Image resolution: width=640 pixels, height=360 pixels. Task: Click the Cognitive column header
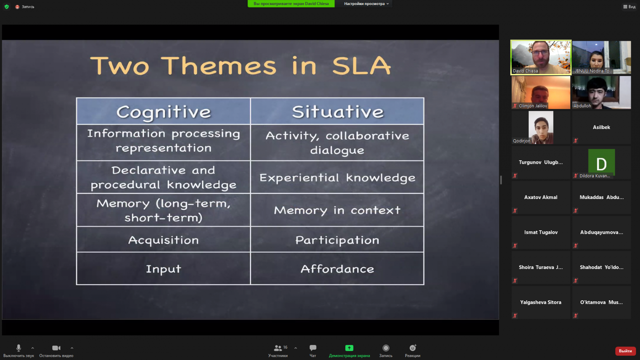(164, 111)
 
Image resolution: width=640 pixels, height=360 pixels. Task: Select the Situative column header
(337, 111)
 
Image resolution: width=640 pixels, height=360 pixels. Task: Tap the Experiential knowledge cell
(337, 177)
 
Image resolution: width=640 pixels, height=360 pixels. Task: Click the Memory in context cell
(337, 210)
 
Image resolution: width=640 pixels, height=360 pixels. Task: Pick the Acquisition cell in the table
(164, 240)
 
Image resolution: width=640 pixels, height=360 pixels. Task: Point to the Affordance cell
(337, 269)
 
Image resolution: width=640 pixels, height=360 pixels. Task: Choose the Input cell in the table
(164, 269)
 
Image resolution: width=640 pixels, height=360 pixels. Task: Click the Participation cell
(337, 240)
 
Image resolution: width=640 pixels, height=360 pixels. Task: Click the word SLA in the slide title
(361, 66)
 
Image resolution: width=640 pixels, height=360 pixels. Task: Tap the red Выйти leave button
(625, 351)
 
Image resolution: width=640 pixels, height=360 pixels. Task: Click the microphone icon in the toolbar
(19, 348)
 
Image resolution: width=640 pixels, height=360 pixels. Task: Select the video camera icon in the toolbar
(56, 348)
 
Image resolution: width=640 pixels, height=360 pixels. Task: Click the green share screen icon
(349, 348)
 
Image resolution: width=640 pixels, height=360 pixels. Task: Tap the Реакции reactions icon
(412, 348)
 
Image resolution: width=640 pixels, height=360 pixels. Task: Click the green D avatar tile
(601, 162)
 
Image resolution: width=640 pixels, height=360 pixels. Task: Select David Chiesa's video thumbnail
(541, 57)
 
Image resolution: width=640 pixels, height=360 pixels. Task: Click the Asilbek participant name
(601, 127)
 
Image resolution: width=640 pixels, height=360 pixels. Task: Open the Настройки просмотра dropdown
(366, 4)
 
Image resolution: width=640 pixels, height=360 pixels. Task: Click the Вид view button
(629, 6)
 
